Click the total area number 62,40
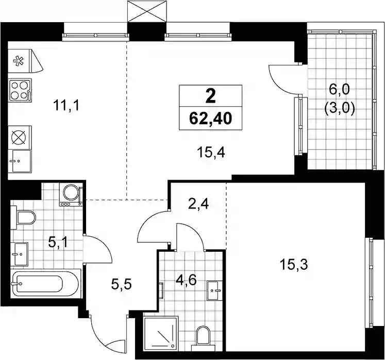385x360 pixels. point(210,118)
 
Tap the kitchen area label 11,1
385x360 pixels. point(66,106)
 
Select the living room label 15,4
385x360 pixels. point(211,153)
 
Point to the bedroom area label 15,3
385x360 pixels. point(294,265)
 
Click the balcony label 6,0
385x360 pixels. point(340,90)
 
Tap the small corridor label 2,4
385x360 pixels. point(198,204)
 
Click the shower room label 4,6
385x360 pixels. point(186,281)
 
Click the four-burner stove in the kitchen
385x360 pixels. point(20,90)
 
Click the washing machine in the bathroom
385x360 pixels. point(71,195)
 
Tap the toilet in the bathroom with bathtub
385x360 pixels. point(23,217)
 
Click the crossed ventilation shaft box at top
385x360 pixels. point(147,11)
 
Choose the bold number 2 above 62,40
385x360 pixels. point(210,96)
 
